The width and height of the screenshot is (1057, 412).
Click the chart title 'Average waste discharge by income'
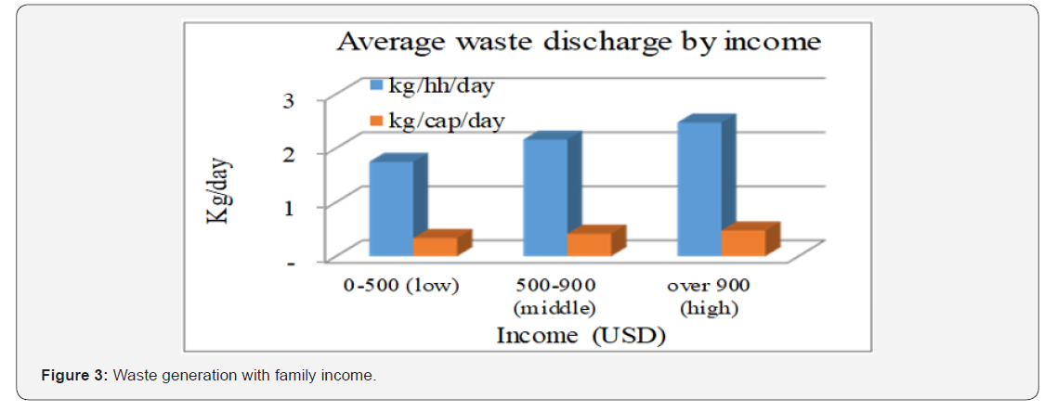(x=578, y=42)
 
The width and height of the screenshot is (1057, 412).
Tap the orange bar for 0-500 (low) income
(x=436, y=246)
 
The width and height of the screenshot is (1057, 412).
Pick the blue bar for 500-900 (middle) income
(x=545, y=197)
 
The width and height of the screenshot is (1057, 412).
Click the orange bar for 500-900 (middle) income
(x=590, y=244)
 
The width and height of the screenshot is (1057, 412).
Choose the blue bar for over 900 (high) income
(x=699, y=188)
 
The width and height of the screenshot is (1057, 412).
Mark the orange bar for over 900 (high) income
(x=743, y=242)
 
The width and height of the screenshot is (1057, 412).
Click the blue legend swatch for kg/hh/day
(x=376, y=85)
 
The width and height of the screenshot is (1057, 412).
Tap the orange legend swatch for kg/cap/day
(x=376, y=121)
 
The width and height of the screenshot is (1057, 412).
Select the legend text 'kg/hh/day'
(x=440, y=85)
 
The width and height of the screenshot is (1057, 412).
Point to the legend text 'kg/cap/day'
(x=445, y=121)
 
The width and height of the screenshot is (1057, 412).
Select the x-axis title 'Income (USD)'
(x=581, y=334)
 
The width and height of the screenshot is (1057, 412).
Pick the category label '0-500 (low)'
(x=401, y=285)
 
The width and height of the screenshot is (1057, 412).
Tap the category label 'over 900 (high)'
(x=708, y=295)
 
